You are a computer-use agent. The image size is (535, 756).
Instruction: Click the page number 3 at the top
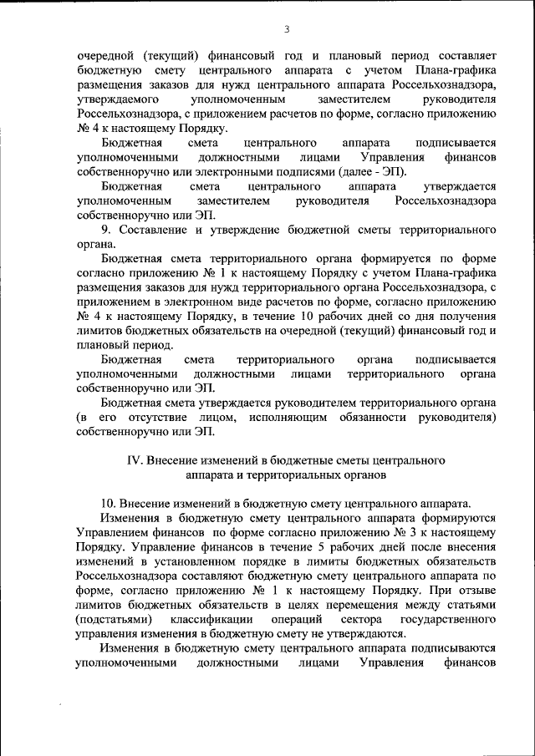tap(286, 30)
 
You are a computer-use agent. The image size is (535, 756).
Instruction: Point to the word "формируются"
tap(456, 518)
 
